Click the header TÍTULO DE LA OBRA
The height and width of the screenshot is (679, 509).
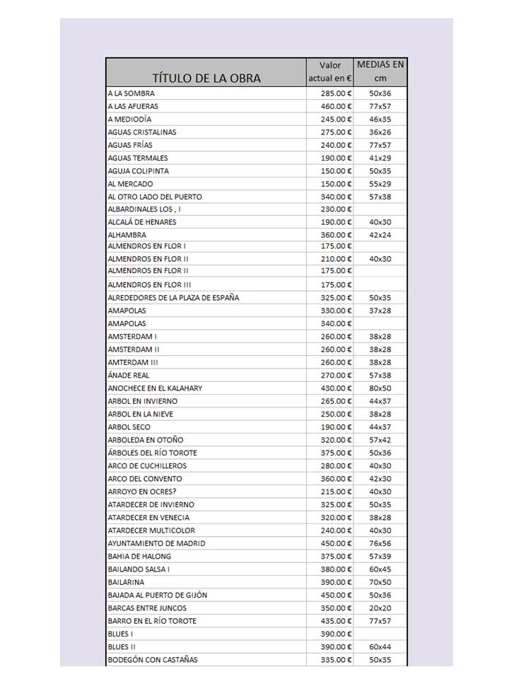[x=206, y=78]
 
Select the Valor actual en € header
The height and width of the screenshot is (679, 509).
[x=329, y=71]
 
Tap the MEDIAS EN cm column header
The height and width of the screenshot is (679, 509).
[x=380, y=71]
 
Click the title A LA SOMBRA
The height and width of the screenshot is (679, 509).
[x=131, y=93]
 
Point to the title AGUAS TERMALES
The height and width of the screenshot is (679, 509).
[x=138, y=158]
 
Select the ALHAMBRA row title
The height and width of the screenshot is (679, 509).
[x=127, y=235]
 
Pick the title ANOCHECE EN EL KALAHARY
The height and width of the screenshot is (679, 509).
[x=155, y=388]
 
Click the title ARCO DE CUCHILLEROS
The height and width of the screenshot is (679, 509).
[x=147, y=465]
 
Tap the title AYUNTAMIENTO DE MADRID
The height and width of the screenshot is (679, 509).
[x=156, y=543]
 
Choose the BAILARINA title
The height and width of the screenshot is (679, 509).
[x=126, y=582]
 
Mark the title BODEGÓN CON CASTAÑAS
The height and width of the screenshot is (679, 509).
[x=153, y=660]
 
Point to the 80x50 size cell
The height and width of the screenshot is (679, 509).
[x=380, y=388]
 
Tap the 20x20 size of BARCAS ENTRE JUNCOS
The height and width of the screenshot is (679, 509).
[x=380, y=608]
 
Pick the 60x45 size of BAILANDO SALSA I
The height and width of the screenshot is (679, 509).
[x=380, y=569]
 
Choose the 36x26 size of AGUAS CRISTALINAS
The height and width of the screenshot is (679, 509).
[x=380, y=132]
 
